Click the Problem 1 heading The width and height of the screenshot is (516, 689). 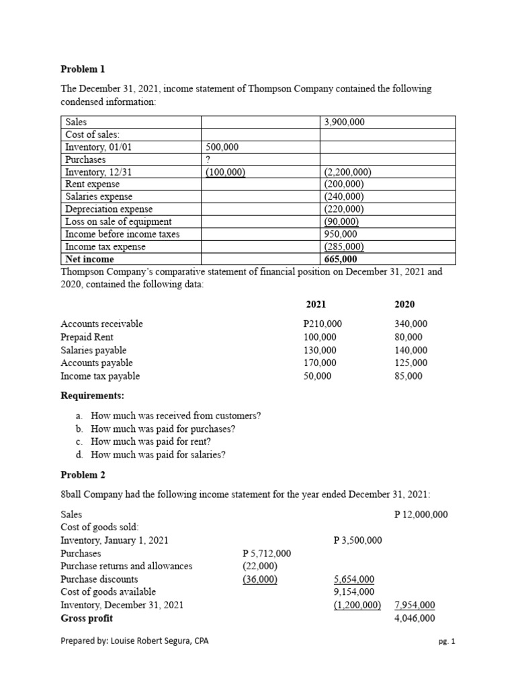click(x=83, y=69)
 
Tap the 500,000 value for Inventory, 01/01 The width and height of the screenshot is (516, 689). click(x=222, y=147)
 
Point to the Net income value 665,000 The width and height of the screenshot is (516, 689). click(x=341, y=259)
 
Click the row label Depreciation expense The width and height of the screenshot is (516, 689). click(x=108, y=209)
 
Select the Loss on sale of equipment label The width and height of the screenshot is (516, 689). click(x=118, y=221)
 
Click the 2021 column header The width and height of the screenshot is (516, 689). click(x=316, y=304)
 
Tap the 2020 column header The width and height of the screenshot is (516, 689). click(x=404, y=304)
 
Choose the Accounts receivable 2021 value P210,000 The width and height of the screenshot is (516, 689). click(x=320, y=324)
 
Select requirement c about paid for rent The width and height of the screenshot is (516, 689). click(x=155, y=441)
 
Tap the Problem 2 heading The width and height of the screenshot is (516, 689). click(x=83, y=475)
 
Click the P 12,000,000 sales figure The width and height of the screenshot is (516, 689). click(x=421, y=515)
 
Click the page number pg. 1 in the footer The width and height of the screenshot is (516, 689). click(x=445, y=642)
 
